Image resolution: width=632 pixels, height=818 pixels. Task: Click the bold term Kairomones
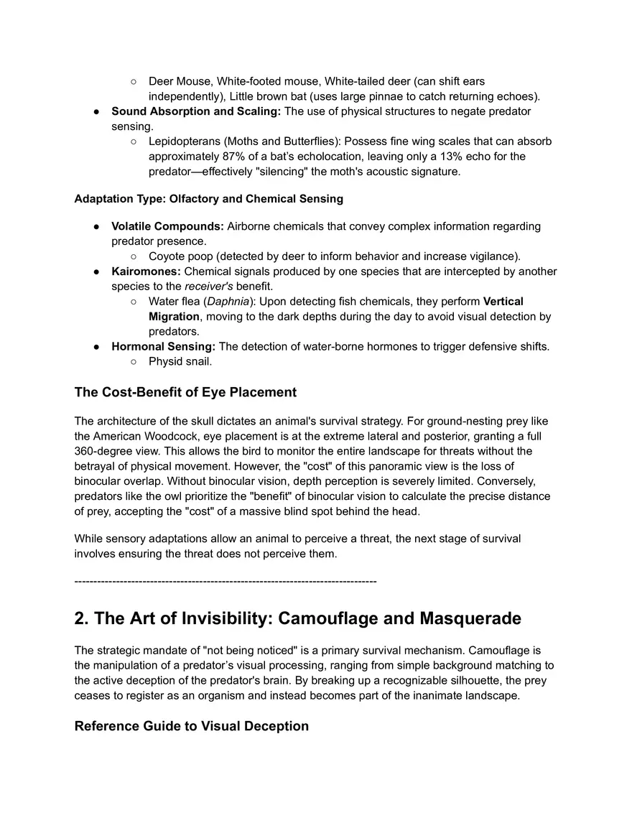(x=146, y=271)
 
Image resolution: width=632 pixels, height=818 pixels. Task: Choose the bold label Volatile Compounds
(x=167, y=226)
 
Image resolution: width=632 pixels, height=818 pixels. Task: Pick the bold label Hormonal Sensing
(x=163, y=347)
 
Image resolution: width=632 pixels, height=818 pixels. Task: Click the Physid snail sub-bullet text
(x=180, y=361)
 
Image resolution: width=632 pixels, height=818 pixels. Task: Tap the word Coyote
(x=167, y=256)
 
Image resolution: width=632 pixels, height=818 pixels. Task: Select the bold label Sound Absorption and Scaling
(x=195, y=111)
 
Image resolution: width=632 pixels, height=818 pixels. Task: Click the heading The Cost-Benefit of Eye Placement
(x=185, y=392)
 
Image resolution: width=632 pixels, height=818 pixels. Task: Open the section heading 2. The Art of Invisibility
(x=297, y=618)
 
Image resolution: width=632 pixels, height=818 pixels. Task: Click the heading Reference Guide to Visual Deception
(x=191, y=726)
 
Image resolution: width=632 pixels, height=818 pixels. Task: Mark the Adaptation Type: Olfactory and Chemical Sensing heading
(x=208, y=198)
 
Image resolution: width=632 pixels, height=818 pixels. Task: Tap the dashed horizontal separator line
(x=225, y=580)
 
